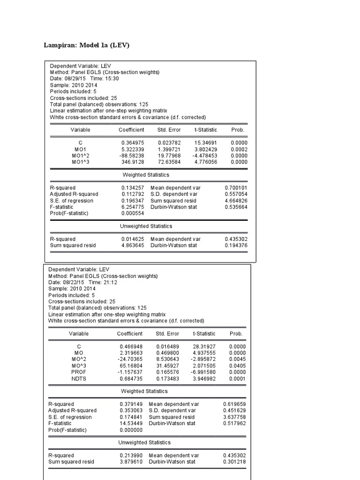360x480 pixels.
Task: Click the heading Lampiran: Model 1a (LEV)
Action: click(86, 45)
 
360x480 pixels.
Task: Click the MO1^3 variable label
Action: click(81, 162)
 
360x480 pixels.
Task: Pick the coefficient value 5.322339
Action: click(133, 149)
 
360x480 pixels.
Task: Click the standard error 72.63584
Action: click(170, 162)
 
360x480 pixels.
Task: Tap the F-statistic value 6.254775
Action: click(133, 207)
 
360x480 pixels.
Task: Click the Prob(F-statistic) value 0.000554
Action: click(133, 214)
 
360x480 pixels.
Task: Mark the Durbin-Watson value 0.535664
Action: click(236, 207)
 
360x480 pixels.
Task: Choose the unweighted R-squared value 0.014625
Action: click(133, 239)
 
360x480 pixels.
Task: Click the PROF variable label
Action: click(79, 372)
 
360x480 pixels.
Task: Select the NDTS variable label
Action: click(79, 379)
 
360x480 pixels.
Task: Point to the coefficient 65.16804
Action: click(131, 366)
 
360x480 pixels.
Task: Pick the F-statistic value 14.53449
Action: click(131, 423)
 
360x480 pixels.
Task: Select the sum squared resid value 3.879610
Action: click(131, 462)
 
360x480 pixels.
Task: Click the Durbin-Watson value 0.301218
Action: click(235, 462)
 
